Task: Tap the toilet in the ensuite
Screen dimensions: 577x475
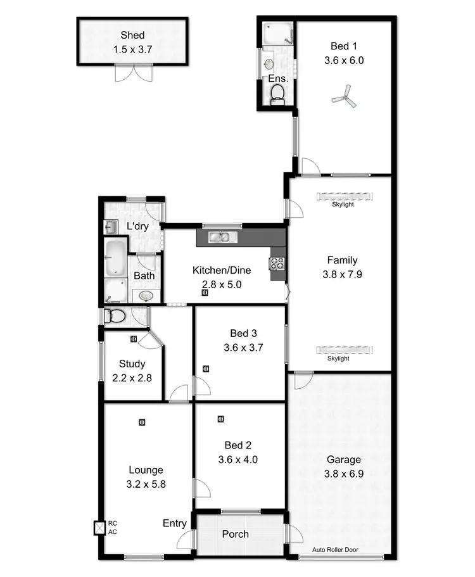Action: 277,94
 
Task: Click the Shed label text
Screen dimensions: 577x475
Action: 133,35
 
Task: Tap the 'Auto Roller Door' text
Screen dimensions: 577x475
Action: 340,550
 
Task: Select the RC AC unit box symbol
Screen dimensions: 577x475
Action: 99,527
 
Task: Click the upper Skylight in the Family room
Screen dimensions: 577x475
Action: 342,196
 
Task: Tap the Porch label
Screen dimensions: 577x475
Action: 235,534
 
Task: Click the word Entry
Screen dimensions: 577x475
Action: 174,523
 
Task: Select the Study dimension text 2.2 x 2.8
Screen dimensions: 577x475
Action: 132,377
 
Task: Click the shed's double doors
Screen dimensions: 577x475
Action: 133,73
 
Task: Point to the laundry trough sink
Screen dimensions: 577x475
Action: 110,227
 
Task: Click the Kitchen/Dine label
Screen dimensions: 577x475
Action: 222,270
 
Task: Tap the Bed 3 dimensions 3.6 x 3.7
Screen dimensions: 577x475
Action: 239,347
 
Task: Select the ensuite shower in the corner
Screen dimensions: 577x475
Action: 277,33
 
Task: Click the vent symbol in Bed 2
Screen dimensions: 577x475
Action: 220,419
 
